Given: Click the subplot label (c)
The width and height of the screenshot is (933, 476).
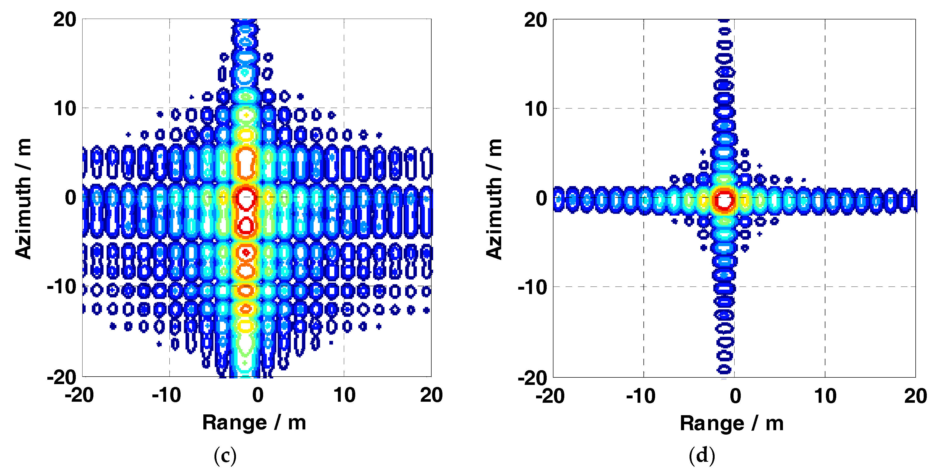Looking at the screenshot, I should point(225,456).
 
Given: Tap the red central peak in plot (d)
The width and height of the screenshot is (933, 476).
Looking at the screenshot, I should point(724,200).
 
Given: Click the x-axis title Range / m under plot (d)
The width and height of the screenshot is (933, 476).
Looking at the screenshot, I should point(732,423).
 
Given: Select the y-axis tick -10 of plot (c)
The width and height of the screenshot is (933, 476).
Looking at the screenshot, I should point(62,287).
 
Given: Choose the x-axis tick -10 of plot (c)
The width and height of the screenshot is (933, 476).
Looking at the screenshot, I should point(166,395).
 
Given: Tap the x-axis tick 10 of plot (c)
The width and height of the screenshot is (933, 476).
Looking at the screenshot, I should point(344,395).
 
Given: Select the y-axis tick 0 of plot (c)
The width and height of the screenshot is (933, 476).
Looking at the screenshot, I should point(71,198).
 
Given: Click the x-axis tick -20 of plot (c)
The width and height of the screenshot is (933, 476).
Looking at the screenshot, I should point(79,395).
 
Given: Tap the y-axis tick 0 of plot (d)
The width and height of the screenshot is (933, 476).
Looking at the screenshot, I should point(542,199).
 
